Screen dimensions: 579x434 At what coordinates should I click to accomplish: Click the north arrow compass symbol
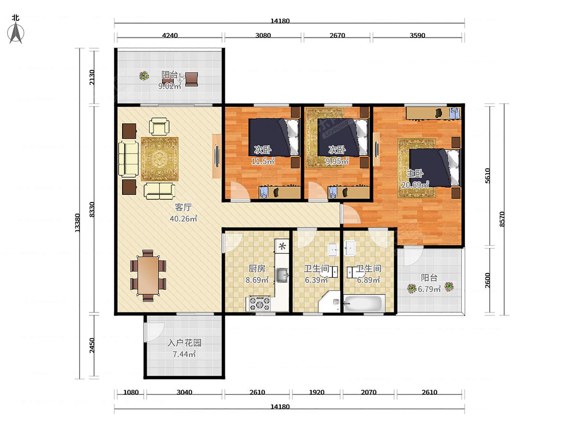(x=16, y=32)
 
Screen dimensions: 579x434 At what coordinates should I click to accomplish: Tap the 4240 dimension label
(x=170, y=35)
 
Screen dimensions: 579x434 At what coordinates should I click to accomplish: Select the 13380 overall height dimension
(x=77, y=223)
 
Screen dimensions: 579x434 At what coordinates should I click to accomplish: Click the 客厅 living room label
(x=183, y=207)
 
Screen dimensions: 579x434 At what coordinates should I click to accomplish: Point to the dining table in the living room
(x=148, y=276)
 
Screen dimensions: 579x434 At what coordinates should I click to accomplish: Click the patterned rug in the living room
(x=159, y=159)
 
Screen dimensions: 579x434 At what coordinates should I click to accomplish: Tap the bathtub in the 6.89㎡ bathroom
(x=363, y=304)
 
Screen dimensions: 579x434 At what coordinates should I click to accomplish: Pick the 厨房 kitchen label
(x=257, y=269)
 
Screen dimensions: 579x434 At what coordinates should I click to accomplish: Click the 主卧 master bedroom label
(x=415, y=174)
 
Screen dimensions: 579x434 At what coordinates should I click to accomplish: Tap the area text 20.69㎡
(x=415, y=185)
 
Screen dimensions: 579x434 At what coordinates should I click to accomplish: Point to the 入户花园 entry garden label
(x=184, y=343)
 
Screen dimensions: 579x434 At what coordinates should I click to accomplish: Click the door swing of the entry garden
(x=154, y=332)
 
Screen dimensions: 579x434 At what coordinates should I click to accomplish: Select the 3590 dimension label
(x=417, y=35)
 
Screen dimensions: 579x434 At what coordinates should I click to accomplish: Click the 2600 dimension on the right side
(x=487, y=280)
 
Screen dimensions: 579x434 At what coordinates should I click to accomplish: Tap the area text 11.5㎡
(x=263, y=161)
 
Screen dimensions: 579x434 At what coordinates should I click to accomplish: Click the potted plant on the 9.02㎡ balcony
(x=144, y=76)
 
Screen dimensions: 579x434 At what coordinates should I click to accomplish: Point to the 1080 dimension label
(x=131, y=393)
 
